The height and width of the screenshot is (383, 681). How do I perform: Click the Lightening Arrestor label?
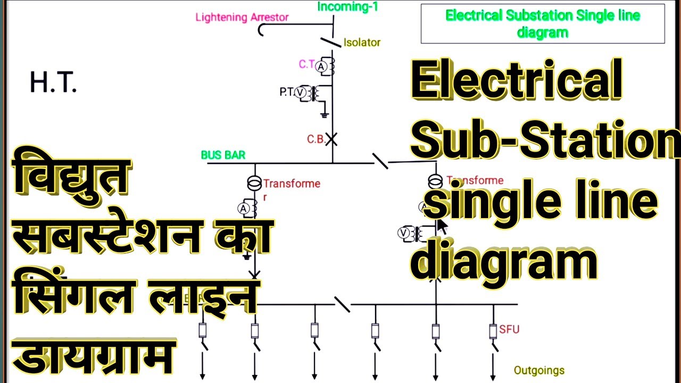pyautogui.click(x=242, y=17)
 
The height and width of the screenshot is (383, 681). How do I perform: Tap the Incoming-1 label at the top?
pyautogui.click(x=348, y=6)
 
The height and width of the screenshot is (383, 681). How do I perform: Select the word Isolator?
pyautogui.click(x=362, y=43)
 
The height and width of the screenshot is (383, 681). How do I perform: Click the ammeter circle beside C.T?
pyautogui.click(x=321, y=66)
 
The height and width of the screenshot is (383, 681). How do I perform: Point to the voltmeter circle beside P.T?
pyautogui.click(x=301, y=93)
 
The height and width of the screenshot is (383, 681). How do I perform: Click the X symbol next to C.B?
pyautogui.click(x=332, y=139)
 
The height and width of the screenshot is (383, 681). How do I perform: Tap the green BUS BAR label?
pyautogui.click(x=223, y=155)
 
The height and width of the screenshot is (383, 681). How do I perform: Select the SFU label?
pyautogui.click(x=509, y=329)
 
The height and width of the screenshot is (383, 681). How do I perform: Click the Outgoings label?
pyautogui.click(x=539, y=370)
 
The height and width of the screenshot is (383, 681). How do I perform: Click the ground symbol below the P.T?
pyautogui.click(x=324, y=114)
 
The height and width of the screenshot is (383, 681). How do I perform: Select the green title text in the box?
pyautogui.click(x=543, y=23)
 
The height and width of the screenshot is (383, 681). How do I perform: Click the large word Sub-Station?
pyautogui.click(x=545, y=139)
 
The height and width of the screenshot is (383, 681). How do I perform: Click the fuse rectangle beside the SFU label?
pyautogui.click(x=493, y=331)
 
